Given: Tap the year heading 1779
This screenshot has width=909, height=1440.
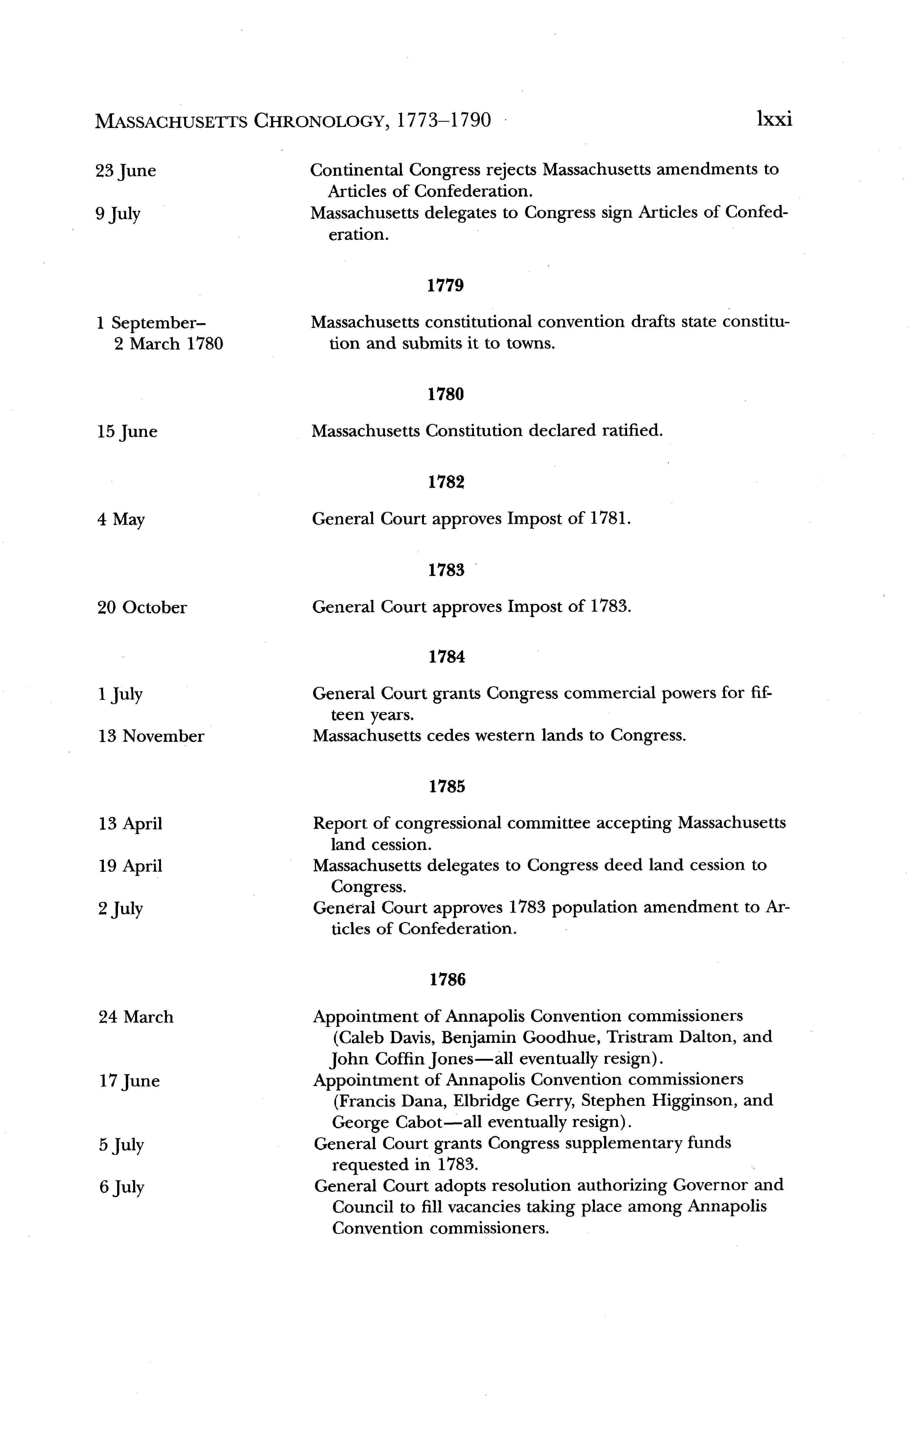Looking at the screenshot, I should [x=446, y=286].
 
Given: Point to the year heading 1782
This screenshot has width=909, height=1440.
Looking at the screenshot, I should [x=446, y=483].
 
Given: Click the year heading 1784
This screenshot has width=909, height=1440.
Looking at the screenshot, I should [x=447, y=657].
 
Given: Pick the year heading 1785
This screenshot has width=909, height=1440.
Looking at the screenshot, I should [x=447, y=787].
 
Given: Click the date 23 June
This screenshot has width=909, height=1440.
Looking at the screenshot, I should [x=126, y=171].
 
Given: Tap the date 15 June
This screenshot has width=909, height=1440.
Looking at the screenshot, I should [x=127, y=432].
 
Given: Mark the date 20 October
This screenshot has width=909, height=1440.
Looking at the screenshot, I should [x=142, y=608].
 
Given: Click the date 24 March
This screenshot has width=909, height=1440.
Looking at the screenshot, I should [x=136, y=1017].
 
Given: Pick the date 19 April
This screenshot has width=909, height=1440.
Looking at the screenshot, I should [x=130, y=866].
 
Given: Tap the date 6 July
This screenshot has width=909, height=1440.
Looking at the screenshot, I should [x=122, y=1187].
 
